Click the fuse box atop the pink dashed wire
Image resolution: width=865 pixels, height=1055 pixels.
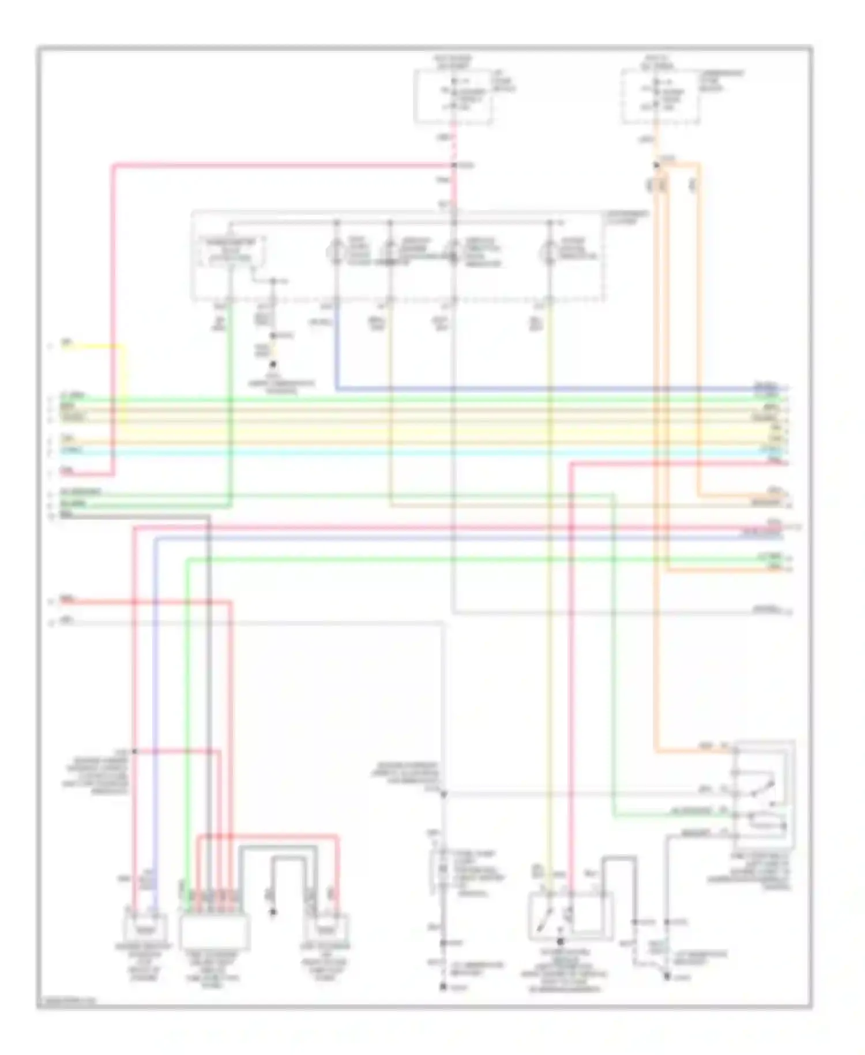453,96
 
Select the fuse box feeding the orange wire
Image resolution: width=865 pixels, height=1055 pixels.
661,96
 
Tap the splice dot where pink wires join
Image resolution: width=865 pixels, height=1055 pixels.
454,166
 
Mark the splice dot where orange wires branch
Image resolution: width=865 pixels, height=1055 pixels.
656,166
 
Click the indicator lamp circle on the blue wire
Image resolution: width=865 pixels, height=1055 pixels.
336,252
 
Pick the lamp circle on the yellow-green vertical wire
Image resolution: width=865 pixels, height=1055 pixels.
549,252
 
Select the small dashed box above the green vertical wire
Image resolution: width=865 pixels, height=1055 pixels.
231,252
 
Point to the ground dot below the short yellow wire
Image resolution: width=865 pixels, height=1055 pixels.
273,365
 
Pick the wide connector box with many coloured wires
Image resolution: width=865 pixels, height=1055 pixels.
215,931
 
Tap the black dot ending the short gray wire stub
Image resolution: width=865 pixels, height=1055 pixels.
273,912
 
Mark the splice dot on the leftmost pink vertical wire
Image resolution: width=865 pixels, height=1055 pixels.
134,751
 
